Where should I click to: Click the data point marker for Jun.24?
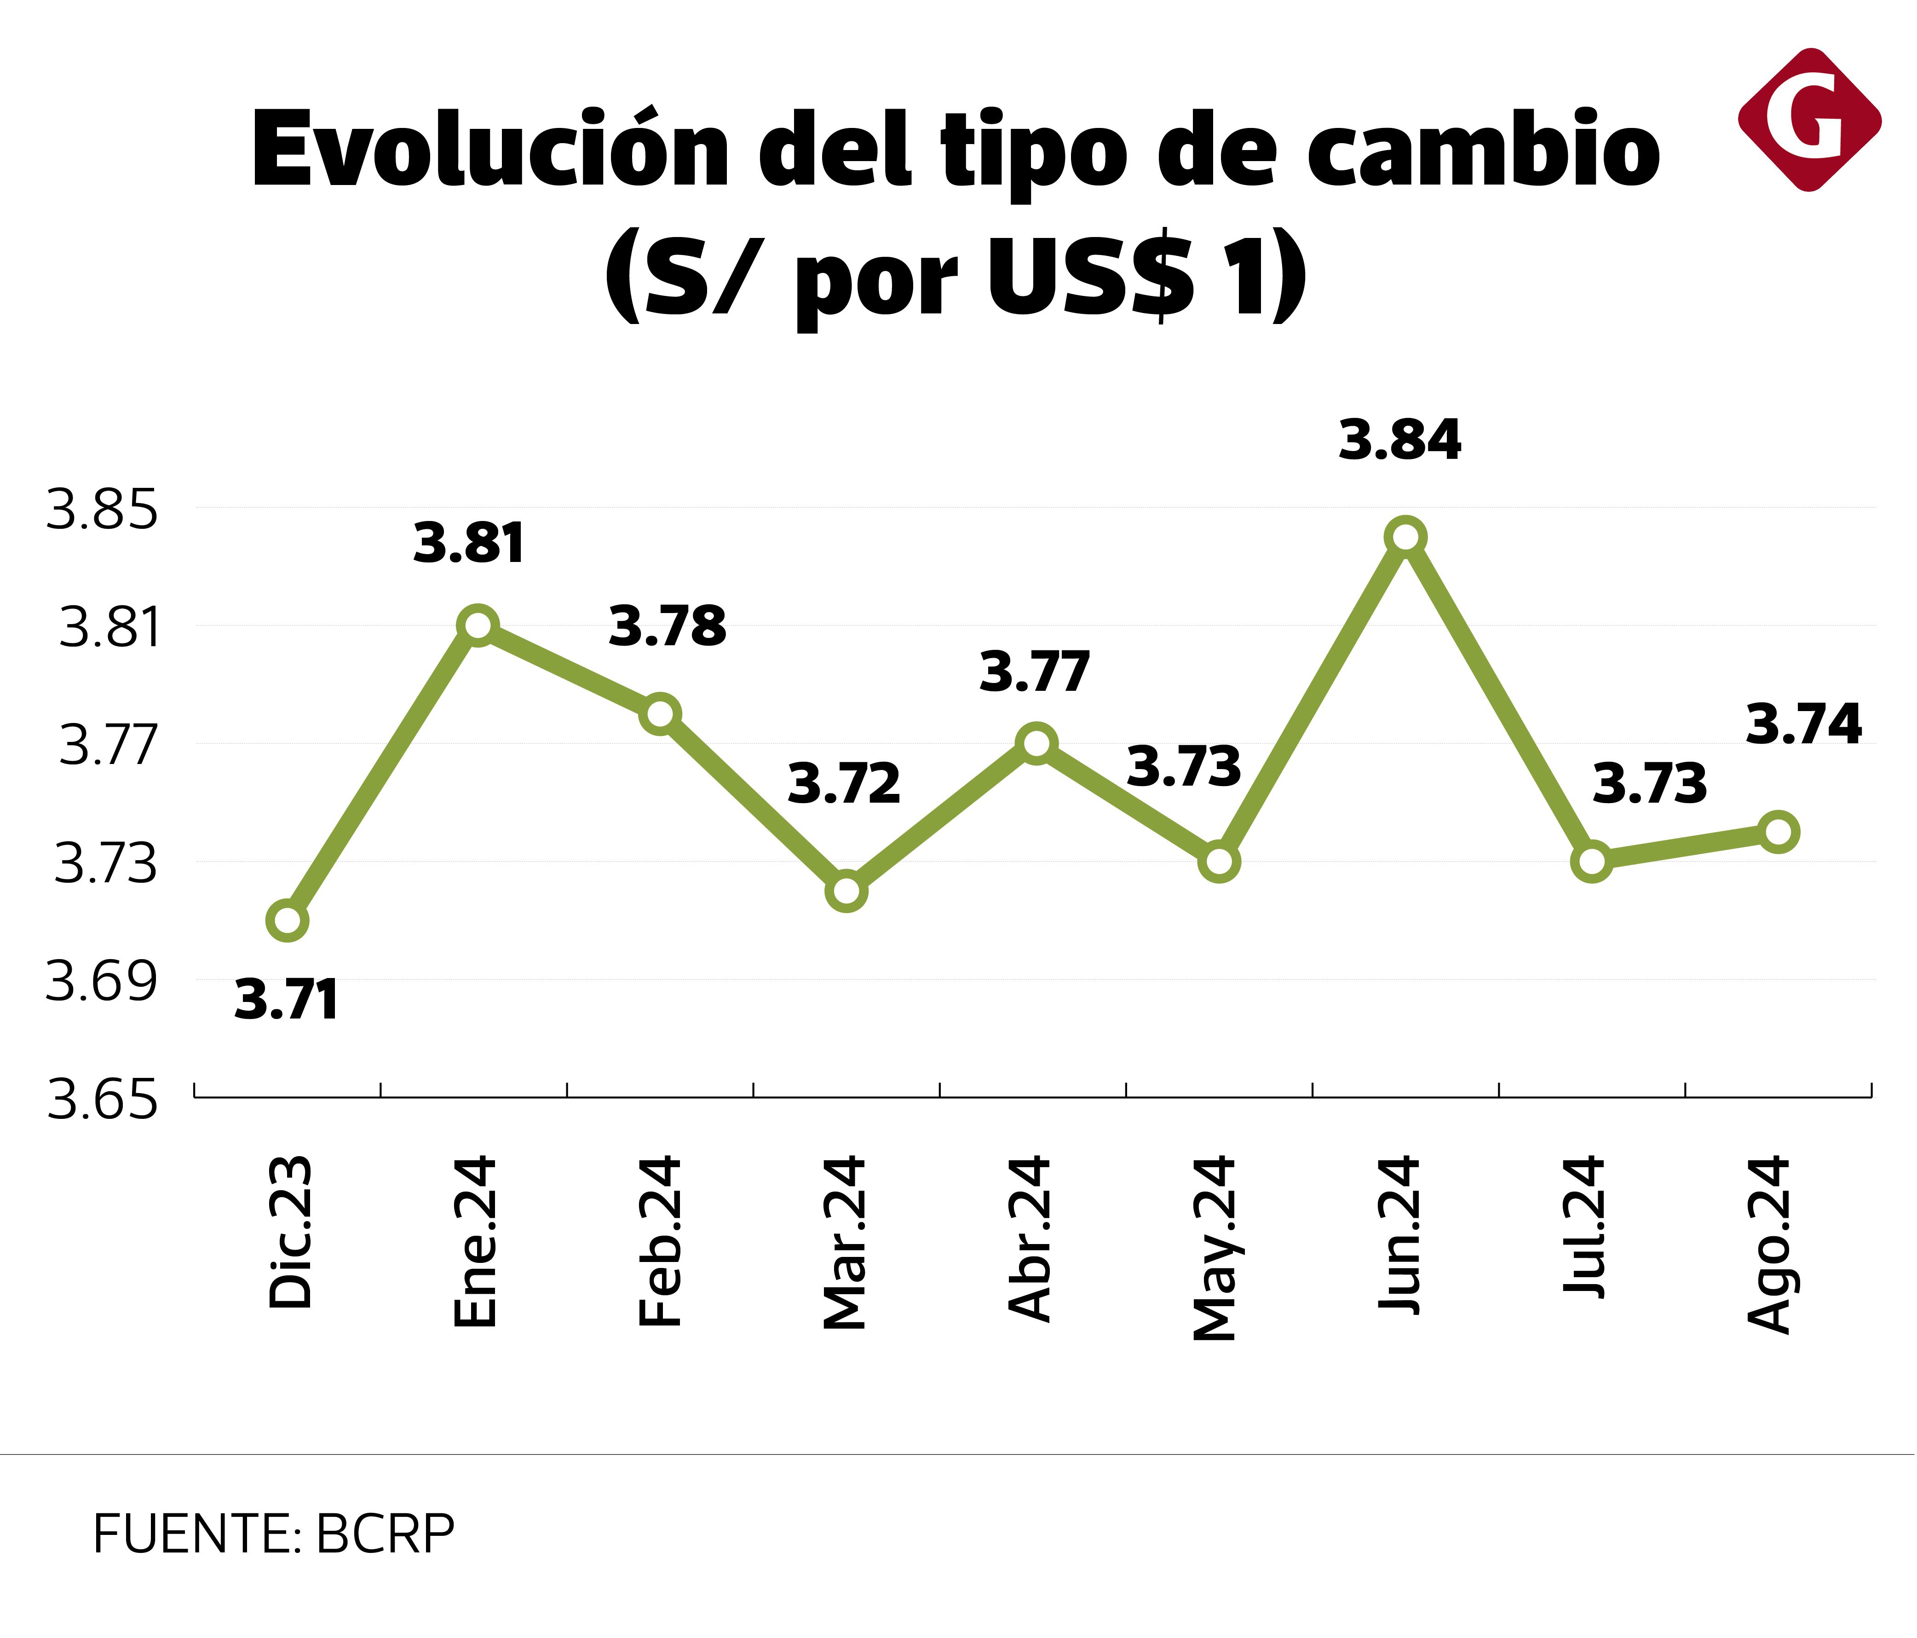click(x=1405, y=537)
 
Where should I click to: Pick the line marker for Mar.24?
click(x=846, y=890)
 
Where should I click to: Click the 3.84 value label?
click(x=1400, y=440)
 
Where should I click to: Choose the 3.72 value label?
click(x=844, y=785)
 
